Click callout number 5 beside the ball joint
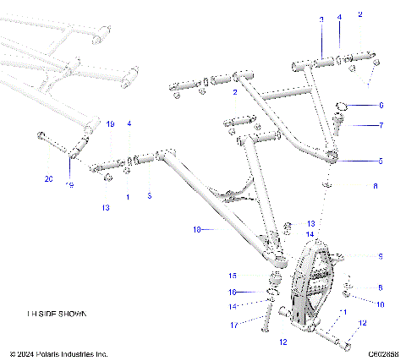pos(381,160)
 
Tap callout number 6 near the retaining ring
pos(381,106)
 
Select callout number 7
pos(381,125)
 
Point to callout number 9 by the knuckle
pos(381,255)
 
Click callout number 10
pos(381,304)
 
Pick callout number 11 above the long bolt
pos(344,312)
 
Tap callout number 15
pos(233,275)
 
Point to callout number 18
pos(197,229)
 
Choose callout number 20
pos(48,178)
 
